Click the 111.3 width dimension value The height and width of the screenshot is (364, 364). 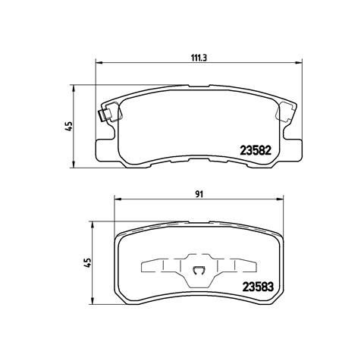pyautogui.click(x=199, y=58)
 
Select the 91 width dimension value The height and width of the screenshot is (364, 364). pyautogui.click(x=199, y=194)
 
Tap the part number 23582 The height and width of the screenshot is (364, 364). pyautogui.click(x=256, y=151)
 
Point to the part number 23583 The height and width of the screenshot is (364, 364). pyautogui.click(x=258, y=287)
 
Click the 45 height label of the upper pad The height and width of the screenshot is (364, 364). pyautogui.click(x=69, y=126)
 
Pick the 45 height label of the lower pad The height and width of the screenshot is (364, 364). pyautogui.click(x=87, y=263)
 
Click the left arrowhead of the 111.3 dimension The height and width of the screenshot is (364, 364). pyautogui.click(x=99, y=62)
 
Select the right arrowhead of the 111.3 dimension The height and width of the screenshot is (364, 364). pyautogui.click(x=299, y=62)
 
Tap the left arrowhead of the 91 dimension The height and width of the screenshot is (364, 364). pyautogui.click(x=118, y=199)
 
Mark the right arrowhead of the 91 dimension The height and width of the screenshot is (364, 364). pyautogui.click(x=280, y=199)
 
